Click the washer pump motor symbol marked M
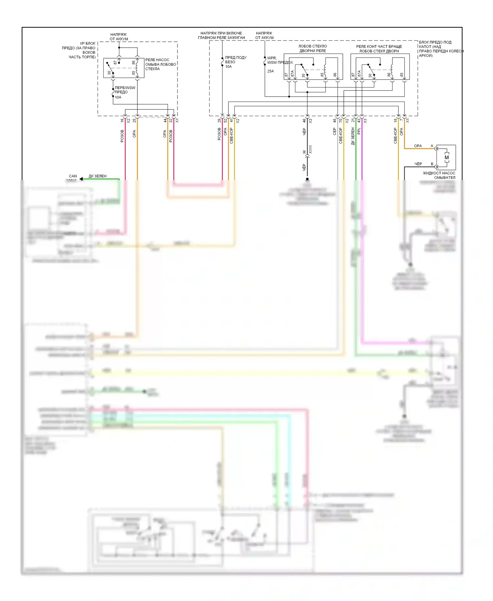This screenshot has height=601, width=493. click(446, 157)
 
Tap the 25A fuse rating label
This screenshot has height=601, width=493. click(270, 71)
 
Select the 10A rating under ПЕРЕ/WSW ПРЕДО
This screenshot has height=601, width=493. click(118, 97)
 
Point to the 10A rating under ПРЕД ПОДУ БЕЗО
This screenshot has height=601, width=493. click(228, 66)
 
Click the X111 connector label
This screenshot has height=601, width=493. click(311, 150)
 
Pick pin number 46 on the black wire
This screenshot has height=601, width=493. click(304, 121)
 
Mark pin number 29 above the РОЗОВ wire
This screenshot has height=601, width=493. click(219, 121)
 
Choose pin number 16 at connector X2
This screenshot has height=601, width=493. click(122, 121)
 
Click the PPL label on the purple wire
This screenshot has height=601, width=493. click(359, 131)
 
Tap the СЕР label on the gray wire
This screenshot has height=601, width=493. click(335, 132)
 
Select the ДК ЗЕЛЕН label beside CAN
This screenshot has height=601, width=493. click(98, 176)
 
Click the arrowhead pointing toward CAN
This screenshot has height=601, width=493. click(81, 179)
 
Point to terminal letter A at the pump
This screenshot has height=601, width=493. click(432, 146)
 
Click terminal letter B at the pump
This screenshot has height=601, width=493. click(432, 164)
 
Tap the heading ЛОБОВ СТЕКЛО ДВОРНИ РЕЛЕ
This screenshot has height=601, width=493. click(313, 49)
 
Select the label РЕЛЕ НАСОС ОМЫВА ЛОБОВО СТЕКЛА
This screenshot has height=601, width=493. click(160, 64)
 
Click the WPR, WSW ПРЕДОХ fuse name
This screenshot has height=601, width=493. click(280, 60)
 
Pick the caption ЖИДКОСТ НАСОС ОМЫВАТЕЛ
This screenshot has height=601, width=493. click(439, 175)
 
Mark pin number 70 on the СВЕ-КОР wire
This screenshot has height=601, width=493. click(340, 121)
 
